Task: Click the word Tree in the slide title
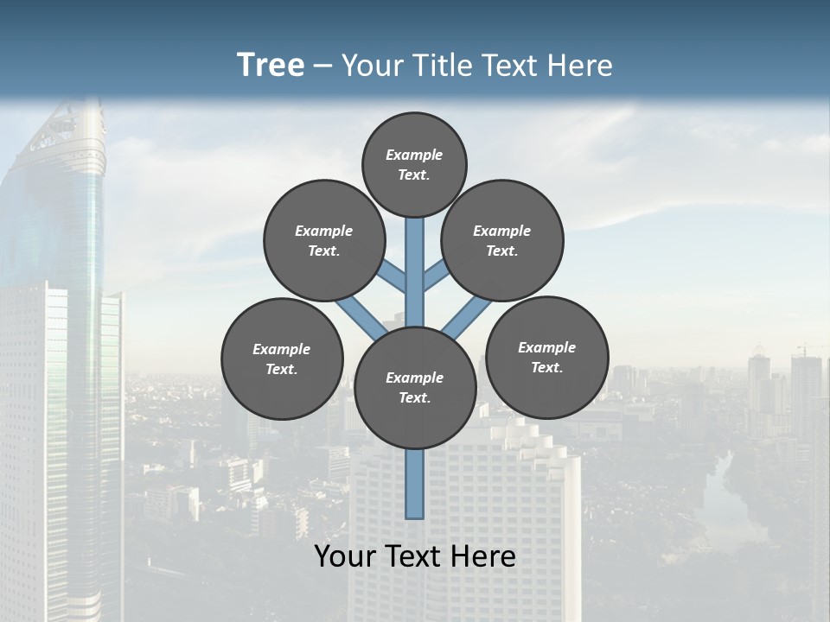[271, 65]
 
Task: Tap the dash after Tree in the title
[323, 67]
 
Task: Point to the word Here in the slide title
[580, 66]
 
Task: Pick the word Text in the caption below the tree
[415, 556]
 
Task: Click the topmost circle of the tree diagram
[414, 164]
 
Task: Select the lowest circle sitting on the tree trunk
[415, 387]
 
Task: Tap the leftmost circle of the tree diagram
[282, 359]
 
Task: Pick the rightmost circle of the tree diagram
[546, 357]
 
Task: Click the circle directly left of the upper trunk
[323, 240]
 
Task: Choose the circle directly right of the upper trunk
[501, 240]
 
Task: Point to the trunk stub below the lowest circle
[415, 484]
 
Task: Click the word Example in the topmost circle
[414, 155]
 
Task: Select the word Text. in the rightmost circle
[546, 367]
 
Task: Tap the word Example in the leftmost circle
[282, 349]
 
